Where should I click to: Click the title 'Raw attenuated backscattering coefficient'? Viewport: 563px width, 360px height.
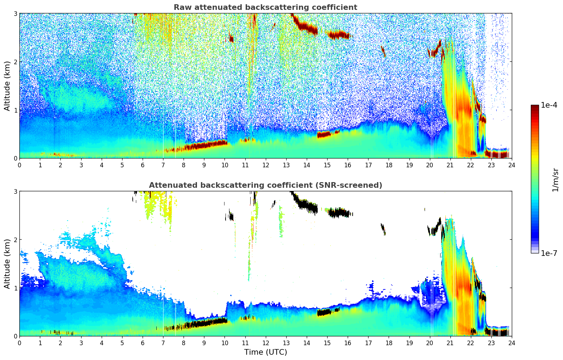pos(265,7)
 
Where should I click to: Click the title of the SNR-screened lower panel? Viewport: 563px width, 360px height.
pos(265,185)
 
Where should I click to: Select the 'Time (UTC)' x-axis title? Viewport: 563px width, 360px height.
pos(265,352)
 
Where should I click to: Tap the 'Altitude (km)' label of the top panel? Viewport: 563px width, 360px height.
pos(7,86)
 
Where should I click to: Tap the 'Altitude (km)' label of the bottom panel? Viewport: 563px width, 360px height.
pos(7,264)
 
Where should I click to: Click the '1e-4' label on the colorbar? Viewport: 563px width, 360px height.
pos(549,105)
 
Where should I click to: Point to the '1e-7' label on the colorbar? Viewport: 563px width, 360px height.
pos(549,253)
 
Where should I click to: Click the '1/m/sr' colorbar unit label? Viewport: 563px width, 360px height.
pos(555,180)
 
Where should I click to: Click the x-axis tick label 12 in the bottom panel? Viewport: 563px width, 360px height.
pos(265,343)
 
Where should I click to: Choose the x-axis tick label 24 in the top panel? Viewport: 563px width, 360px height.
pos(512,165)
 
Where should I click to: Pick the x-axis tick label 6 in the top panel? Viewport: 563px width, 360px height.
pos(143,165)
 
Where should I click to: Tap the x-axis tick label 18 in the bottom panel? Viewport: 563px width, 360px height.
pos(389,343)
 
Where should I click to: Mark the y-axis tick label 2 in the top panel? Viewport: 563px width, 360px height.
pos(16,62)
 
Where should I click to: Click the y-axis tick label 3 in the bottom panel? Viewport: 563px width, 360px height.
pos(16,191)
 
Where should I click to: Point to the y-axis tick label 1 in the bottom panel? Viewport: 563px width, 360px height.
pos(16,288)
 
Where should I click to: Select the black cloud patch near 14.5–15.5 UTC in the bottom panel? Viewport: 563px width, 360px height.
pos(325,312)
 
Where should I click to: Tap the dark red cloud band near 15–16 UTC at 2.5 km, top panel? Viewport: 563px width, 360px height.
pos(338,35)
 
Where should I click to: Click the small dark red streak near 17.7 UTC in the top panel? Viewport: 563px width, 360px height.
pos(383,52)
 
